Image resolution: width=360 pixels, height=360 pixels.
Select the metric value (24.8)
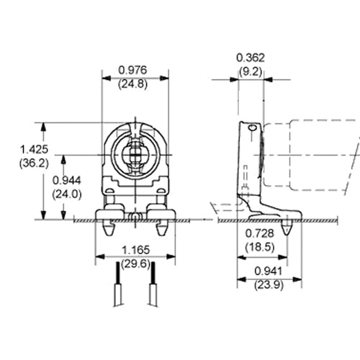pos(134,84)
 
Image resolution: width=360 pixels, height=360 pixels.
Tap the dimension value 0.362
pos(251,57)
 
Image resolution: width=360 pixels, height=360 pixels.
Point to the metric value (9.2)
pos(251,71)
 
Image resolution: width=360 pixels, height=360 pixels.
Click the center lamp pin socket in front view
pos(134,156)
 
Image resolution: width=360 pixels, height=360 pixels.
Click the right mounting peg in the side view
pos(289,228)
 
